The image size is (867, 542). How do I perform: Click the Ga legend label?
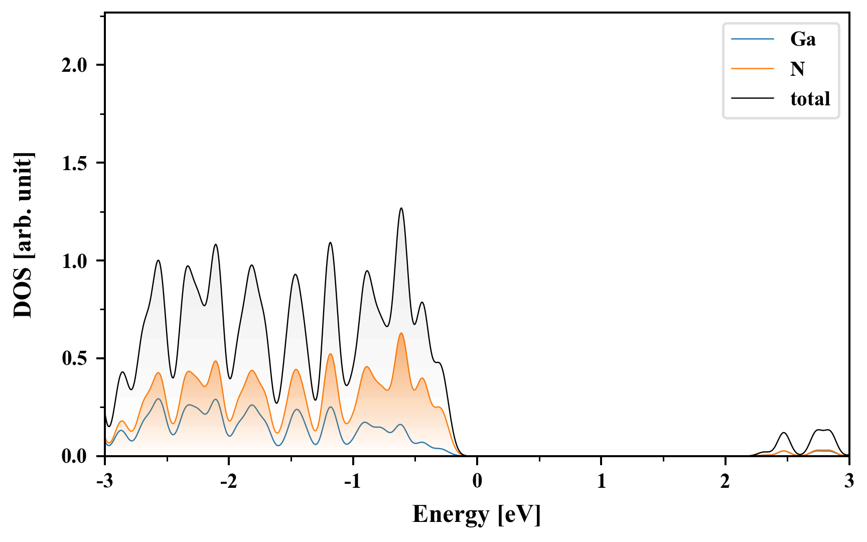click(x=803, y=39)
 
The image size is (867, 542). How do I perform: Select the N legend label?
click(x=797, y=69)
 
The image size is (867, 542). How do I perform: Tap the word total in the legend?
click(x=810, y=98)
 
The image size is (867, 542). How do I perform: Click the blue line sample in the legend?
click(x=753, y=39)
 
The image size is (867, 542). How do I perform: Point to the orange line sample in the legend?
click(x=753, y=69)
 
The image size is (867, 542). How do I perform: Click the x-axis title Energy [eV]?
click(x=477, y=514)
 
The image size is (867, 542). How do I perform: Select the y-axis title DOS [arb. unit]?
click(x=23, y=235)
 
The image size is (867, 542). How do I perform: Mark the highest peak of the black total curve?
click(x=401, y=208)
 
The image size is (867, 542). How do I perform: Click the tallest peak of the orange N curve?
click(x=401, y=333)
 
